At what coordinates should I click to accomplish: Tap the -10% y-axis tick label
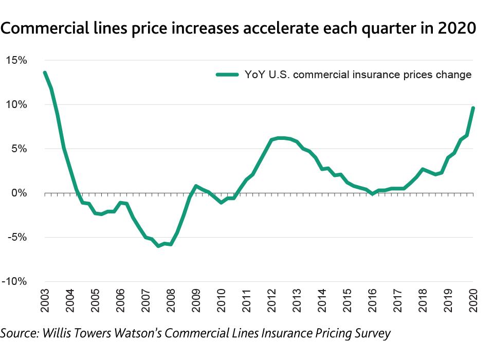click(x=17, y=282)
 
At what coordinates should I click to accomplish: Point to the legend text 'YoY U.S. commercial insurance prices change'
click(x=358, y=75)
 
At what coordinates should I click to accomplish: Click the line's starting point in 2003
click(x=45, y=73)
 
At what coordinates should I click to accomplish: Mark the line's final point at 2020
click(x=473, y=108)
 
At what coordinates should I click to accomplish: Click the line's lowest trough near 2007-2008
click(x=158, y=246)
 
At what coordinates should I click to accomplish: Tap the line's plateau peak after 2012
click(x=280, y=138)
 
